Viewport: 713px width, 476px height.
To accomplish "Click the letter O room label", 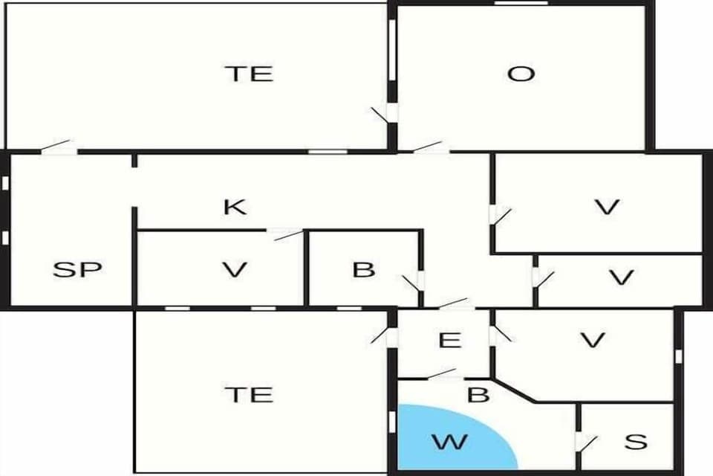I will click(x=521, y=74).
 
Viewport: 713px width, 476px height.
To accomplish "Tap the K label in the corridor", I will click(x=235, y=207).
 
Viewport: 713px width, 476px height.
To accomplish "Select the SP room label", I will click(x=77, y=269).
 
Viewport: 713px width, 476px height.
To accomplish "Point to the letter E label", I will click(x=450, y=341).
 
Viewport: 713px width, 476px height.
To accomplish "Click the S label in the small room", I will click(x=636, y=442).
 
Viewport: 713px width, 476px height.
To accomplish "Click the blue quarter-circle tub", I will click(x=443, y=439).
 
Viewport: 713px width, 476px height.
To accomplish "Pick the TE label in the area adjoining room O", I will click(x=249, y=74).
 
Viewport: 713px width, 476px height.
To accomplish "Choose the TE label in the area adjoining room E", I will click(x=249, y=393).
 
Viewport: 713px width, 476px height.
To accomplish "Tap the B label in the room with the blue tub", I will click(x=479, y=394).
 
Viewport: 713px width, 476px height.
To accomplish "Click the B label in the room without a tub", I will click(x=363, y=269).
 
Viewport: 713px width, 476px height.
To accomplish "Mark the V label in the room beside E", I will click(x=592, y=341).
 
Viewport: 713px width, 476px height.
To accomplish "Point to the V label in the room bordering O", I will click(x=608, y=208).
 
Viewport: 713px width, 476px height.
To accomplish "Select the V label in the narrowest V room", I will click(x=621, y=278).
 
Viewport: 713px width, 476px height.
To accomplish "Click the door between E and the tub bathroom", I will click(x=443, y=373).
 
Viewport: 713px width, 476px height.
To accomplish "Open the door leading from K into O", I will click(x=431, y=147).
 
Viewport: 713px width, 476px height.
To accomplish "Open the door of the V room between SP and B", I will click(x=286, y=234).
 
